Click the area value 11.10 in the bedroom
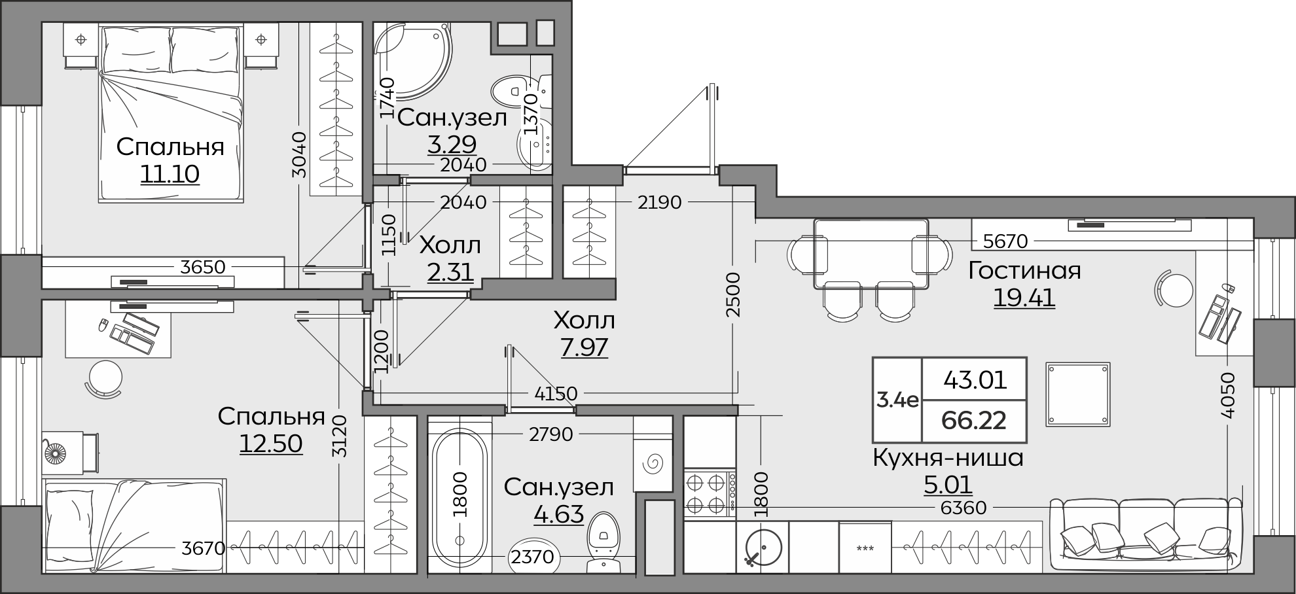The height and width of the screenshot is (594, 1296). click(170, 174)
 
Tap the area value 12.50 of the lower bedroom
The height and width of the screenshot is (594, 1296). click(271, 444)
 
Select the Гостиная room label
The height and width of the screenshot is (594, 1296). click(1025, 270)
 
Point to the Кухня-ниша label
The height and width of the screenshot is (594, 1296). click(948, 458)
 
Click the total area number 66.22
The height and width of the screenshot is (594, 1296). click(974, 420)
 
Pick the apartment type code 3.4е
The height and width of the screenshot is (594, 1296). click(897, 400)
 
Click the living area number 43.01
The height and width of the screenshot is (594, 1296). click(975, 379)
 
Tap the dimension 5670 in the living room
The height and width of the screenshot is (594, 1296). click(1005, 241)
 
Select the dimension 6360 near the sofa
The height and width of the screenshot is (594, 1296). click(963, 507)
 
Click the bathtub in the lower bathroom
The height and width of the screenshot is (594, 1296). click(459, 498)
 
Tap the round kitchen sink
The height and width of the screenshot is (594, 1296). click(763, 547)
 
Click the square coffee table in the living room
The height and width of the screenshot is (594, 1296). click(1078, 394)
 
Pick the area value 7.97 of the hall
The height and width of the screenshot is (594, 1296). click(585, 347)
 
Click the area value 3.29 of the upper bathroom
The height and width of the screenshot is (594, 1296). click(452, 143)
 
